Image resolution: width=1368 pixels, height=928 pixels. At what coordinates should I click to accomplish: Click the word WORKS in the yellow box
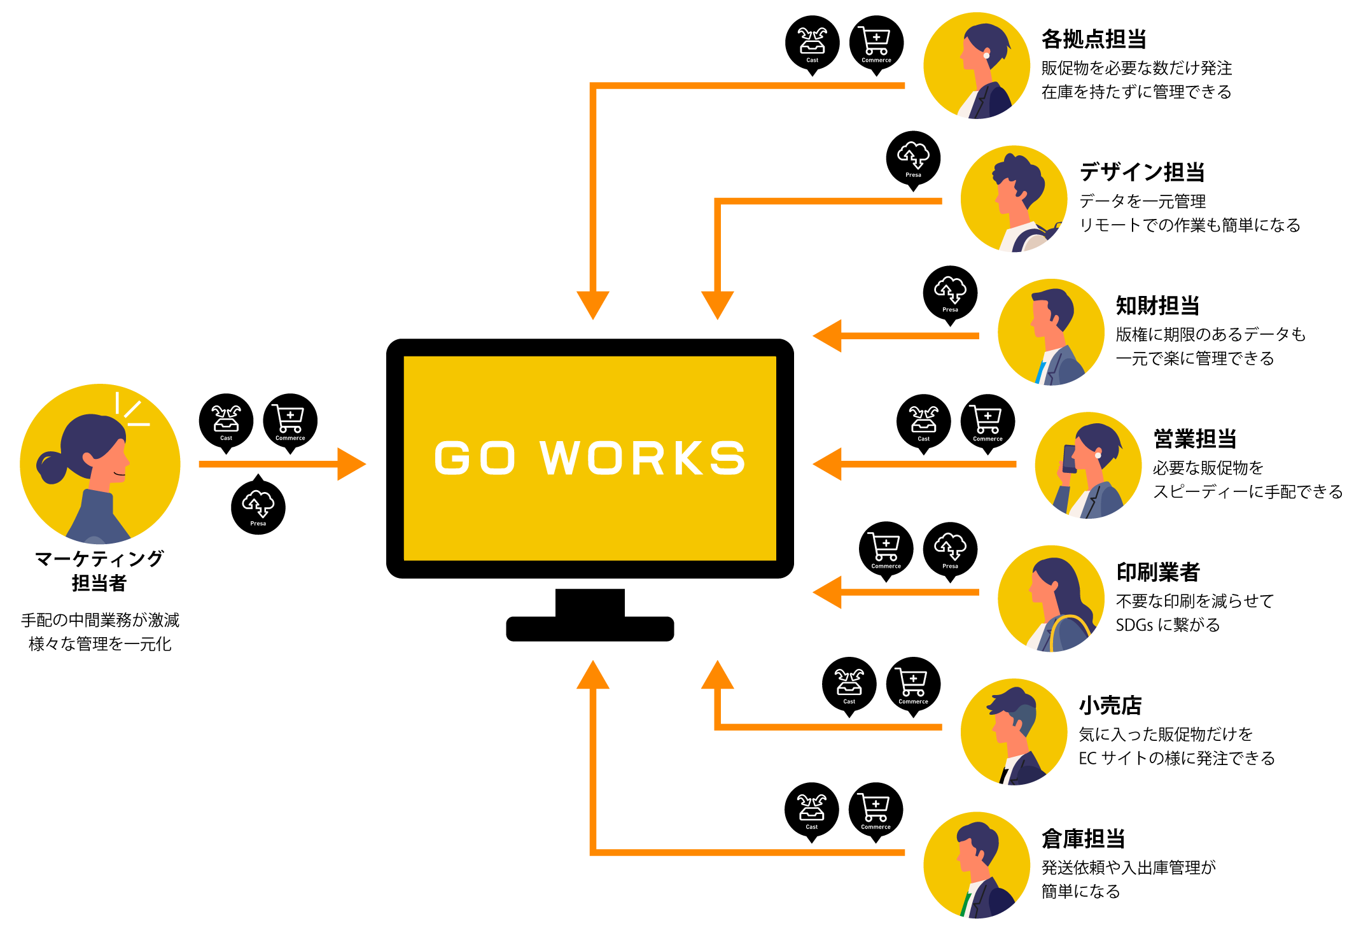pos(642,458)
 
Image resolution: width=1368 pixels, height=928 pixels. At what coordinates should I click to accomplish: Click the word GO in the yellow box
pos(474,458)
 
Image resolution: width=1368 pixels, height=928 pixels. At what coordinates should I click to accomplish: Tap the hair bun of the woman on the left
pos(51,467)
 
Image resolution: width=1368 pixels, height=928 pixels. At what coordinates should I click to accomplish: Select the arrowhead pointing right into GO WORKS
pos(351,464)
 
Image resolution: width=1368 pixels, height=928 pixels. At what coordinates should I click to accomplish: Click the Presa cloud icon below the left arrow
pos(258,503)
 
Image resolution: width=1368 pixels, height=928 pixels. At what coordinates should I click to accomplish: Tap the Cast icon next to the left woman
pos(226,419)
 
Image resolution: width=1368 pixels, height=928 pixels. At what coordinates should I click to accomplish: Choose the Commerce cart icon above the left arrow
pos(289,418)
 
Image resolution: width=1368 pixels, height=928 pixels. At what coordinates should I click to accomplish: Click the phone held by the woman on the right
pos(1070,458)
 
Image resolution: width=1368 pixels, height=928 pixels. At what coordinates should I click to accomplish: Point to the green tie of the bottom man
pos(966,904)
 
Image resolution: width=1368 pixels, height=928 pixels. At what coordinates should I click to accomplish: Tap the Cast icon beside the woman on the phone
pos(923,419)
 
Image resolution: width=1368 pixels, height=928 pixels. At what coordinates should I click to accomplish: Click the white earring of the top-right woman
pos(986,55)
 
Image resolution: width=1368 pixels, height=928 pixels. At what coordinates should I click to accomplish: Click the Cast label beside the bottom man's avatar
pos(811,827)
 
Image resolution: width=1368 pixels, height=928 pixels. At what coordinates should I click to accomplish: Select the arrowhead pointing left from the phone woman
pos(827,464)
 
